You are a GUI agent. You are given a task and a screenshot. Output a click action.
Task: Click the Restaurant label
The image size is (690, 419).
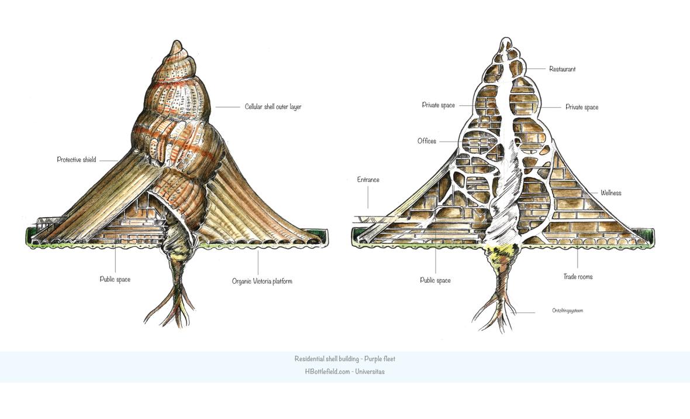click(562, 69)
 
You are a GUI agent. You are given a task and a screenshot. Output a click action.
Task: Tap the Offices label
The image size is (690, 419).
click(427, 141)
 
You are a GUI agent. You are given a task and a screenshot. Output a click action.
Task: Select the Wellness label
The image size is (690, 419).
click(610, 193)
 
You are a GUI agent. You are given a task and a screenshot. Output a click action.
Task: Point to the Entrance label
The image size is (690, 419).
click(368, 180)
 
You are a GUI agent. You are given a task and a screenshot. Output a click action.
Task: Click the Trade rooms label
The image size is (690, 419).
click(578, 277)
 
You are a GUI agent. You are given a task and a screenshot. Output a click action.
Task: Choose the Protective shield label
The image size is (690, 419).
click(77, 160)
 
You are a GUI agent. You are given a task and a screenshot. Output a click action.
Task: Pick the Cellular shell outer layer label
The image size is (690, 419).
click(273, 107)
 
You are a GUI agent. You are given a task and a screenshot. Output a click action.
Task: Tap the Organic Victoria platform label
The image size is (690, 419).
click(262, 281)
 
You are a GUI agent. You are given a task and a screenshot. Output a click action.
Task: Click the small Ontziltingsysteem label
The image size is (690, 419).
click(567, 311)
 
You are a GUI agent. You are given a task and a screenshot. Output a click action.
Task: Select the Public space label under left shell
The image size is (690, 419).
click(115, 280)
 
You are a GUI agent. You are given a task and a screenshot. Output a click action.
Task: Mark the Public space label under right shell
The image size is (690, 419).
click(436, 280)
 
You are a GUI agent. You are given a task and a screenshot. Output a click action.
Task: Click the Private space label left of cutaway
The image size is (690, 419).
click(439, 105)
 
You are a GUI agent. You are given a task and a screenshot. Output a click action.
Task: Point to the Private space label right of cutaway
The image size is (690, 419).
click(582, 108)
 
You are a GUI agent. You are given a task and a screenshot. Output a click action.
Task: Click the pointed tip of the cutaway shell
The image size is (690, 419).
click(506, 40)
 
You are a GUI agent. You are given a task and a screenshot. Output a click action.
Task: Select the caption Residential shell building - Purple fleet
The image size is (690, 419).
click(345, 359)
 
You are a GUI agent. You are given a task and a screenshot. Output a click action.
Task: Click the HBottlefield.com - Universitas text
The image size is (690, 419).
click(345, 372)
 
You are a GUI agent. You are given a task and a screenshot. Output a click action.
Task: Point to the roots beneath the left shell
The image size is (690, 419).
click(175, 301)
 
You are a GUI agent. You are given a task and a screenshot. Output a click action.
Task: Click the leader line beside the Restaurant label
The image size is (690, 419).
click(538, 69)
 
